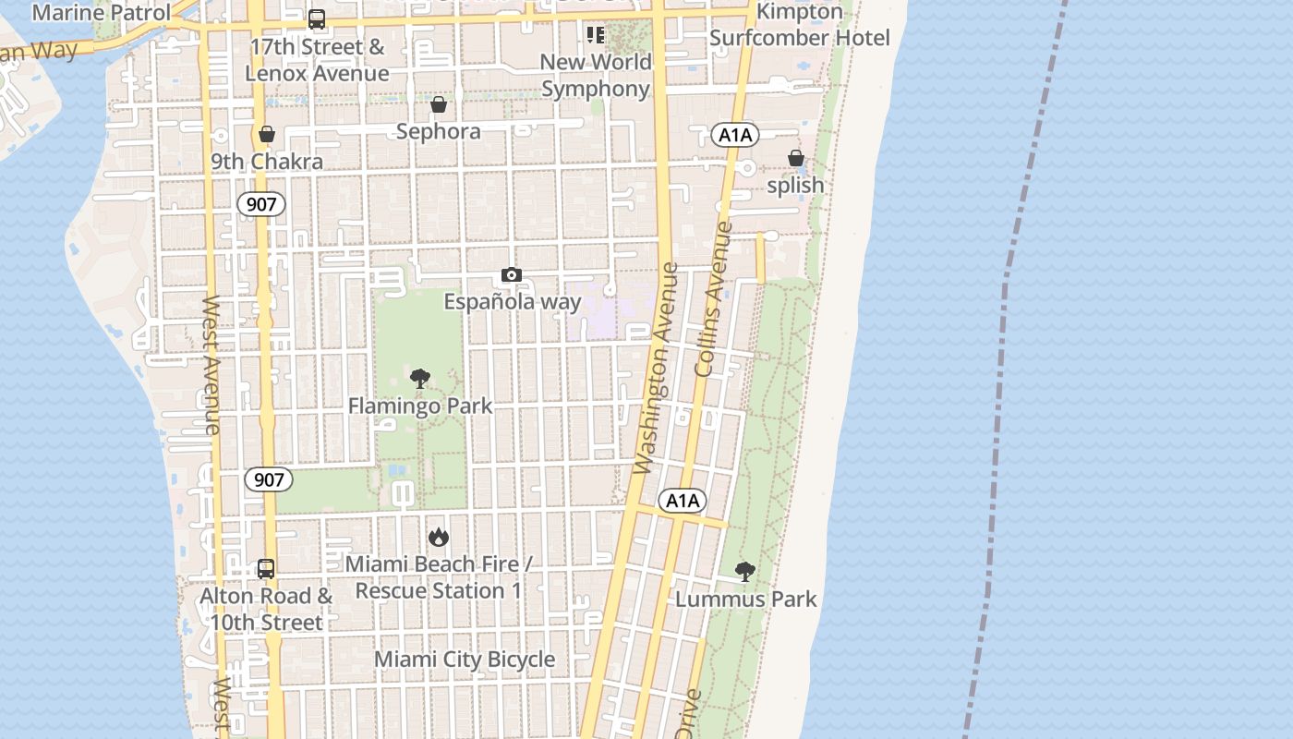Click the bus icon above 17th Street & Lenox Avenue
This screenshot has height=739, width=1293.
pos(317,18)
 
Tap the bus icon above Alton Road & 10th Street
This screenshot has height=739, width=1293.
pos(266,568)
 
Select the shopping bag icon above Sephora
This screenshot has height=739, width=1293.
pos(439,104)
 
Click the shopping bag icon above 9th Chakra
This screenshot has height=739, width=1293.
pos(267,134)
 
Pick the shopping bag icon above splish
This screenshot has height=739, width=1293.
pos(796,158)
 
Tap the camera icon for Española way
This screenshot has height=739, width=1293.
pos(512,274)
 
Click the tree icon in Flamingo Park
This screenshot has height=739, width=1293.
pos(420,378)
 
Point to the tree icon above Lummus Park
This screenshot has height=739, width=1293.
pos(745,571)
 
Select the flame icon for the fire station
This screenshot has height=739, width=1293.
pos(439,536)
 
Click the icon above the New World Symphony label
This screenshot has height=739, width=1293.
pos(596,35)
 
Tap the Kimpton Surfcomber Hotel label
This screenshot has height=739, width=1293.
pos(800,25)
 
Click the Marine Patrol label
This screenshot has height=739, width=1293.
pos(102,13)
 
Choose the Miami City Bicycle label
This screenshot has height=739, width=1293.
pos(465,660)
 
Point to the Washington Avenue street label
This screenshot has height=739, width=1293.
pos(657,369)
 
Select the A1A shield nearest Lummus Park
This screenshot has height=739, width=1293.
pos(683,501)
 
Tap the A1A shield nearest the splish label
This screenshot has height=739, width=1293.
pos(735,136)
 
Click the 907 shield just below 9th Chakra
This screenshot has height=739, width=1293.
pos(261,204)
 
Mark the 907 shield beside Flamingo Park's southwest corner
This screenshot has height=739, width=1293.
pos(269,479)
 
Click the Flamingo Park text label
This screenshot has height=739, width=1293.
pos(420,406)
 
